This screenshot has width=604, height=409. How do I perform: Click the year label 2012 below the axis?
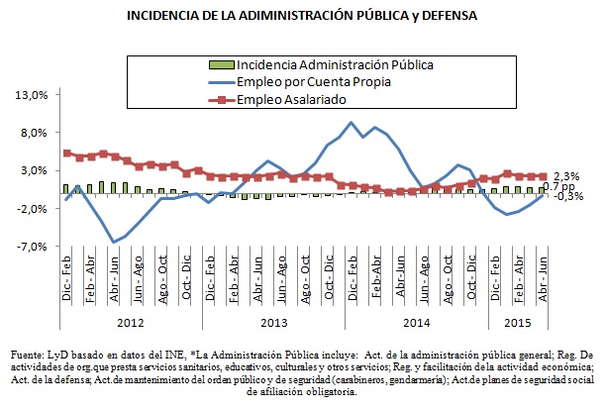tap(129, 323)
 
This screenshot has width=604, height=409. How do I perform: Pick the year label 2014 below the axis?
tap(416, 323)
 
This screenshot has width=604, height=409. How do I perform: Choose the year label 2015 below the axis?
tap(516, 323)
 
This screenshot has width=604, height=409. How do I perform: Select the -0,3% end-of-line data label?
tap(568, 196)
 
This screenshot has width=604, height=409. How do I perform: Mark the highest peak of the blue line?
tap(352, 123)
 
